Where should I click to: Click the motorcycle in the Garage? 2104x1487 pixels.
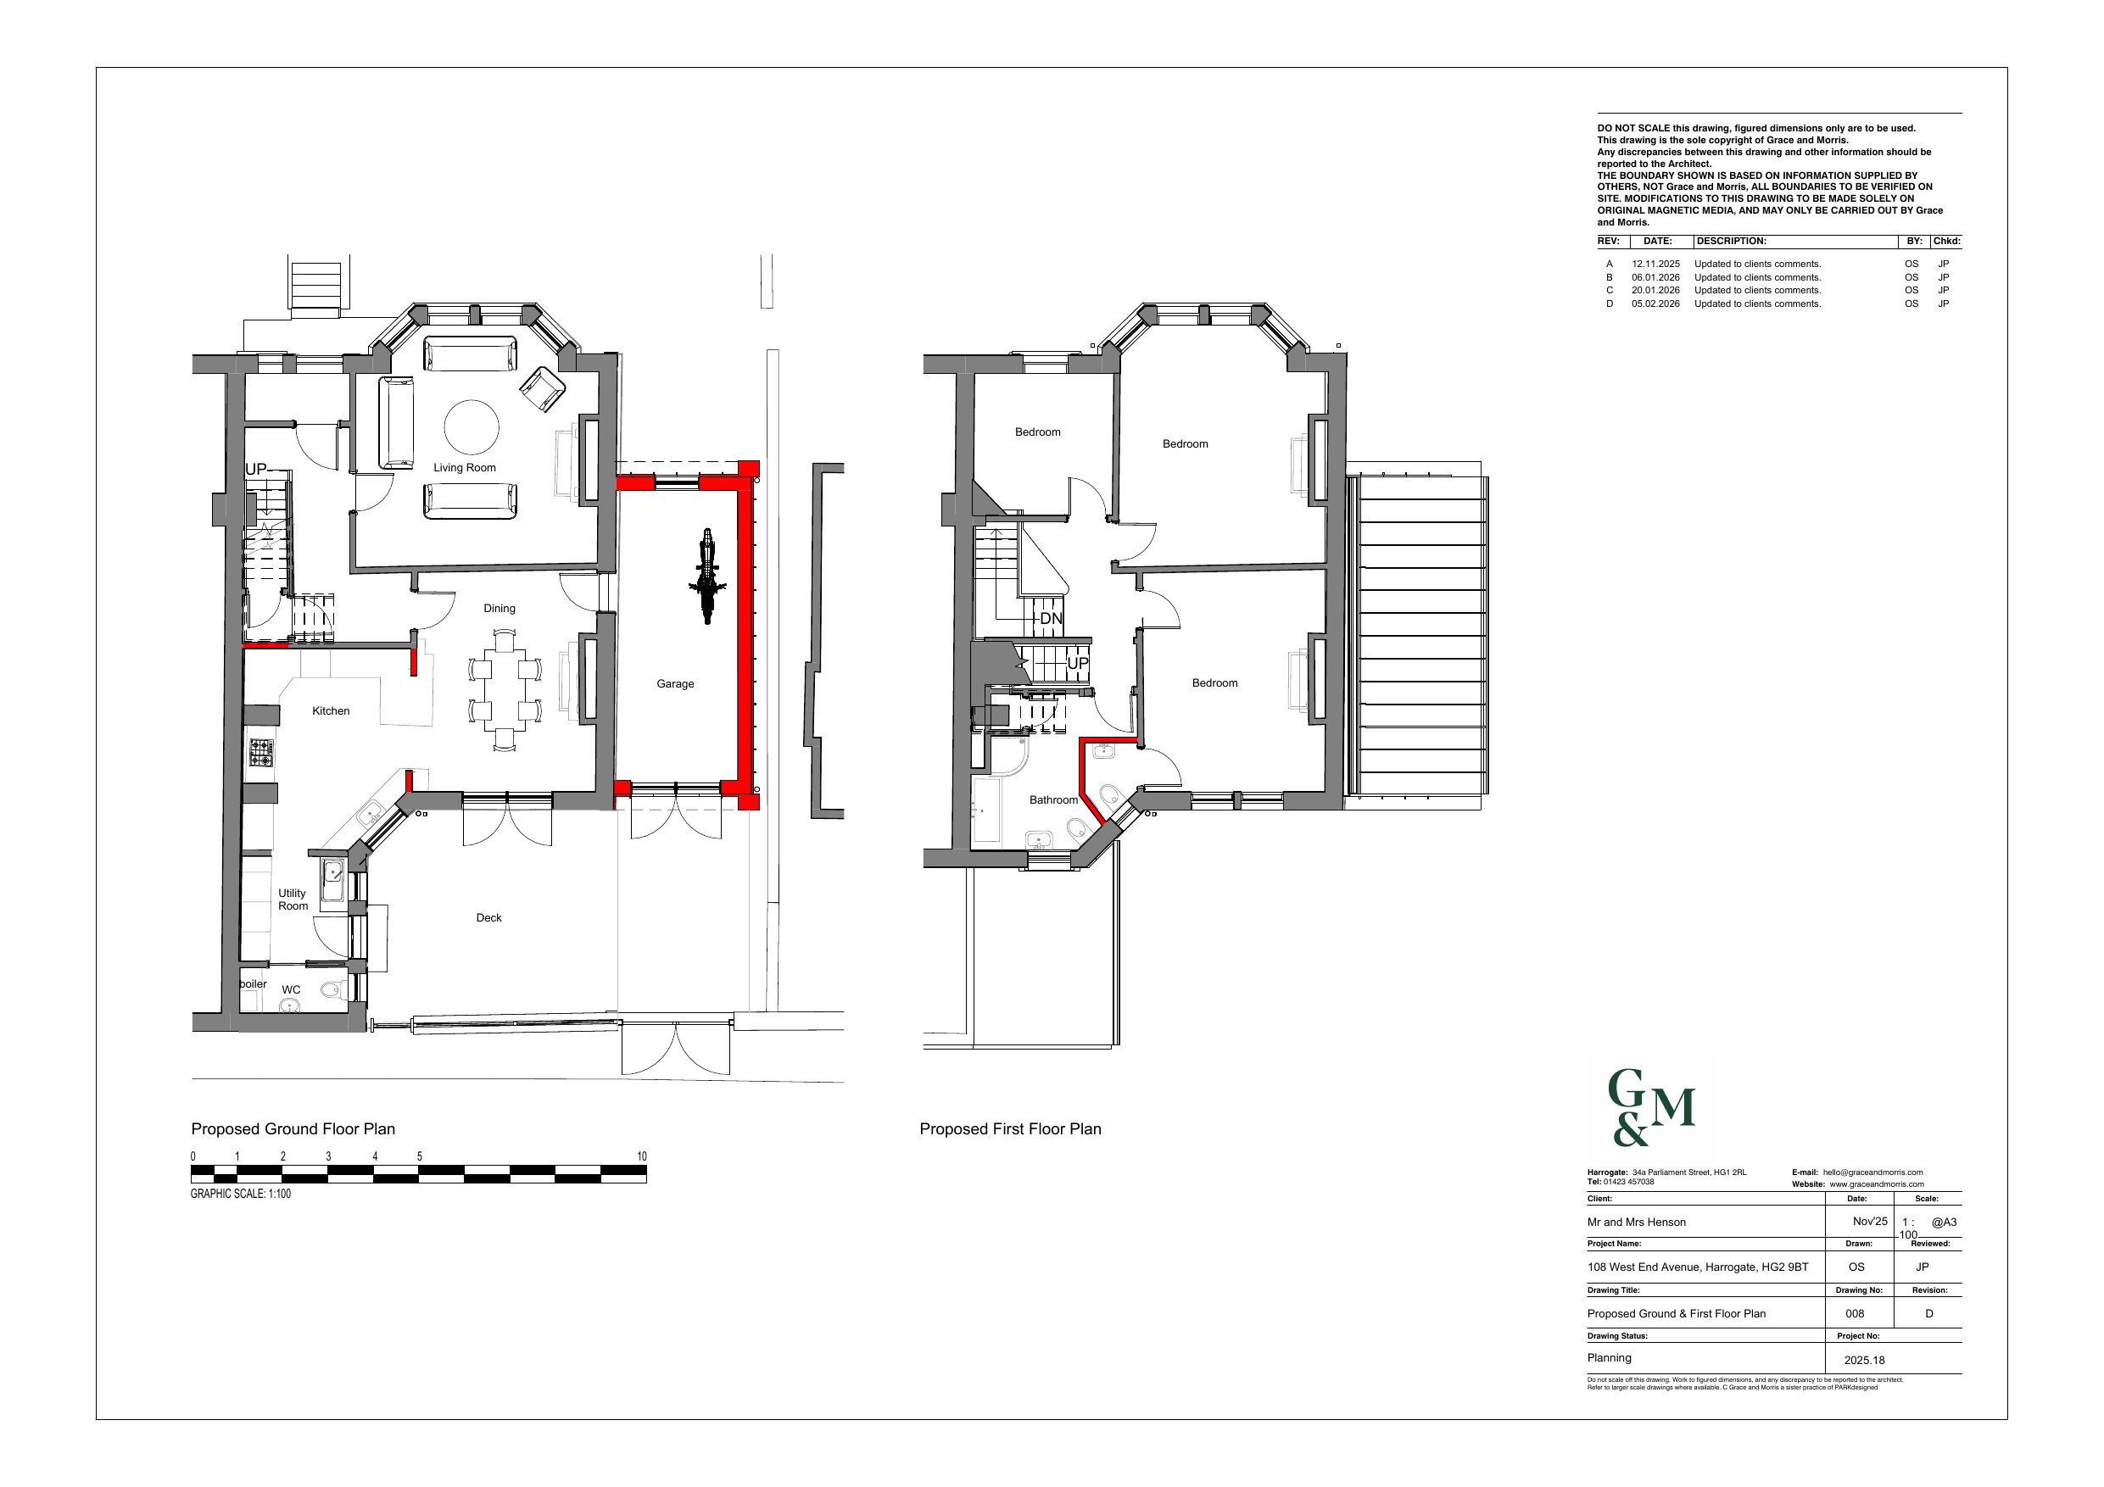click(x=706, y=576)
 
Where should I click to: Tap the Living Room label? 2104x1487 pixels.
click(x=465, y=468)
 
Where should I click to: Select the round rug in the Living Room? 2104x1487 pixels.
click(x=472, y=427)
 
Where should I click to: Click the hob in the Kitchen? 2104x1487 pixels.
click(x=262, y=753)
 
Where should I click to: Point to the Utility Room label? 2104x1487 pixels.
click(x=293, y=899)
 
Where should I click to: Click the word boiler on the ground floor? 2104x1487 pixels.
click(x=254, y=984)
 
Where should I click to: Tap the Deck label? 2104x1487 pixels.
click(x=489, y=918)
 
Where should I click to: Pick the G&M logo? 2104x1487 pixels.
click(x=1652, y=1108)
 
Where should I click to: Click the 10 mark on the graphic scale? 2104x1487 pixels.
click(x=642, y=1157)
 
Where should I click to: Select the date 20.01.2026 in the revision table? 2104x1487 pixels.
click(x=1656, y=291)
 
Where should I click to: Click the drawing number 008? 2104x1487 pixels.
click(x=1855, y=1314)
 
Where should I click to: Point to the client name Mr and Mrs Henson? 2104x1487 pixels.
click(x=1637, y=1222)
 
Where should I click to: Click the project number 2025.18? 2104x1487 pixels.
click(x=1864, y=1361)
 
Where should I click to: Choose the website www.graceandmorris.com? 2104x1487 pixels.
click(x=1877, y=1184)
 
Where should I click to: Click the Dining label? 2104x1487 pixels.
click(x=499, y=609)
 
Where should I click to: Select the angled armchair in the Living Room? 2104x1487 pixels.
click(x=544, y=388)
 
